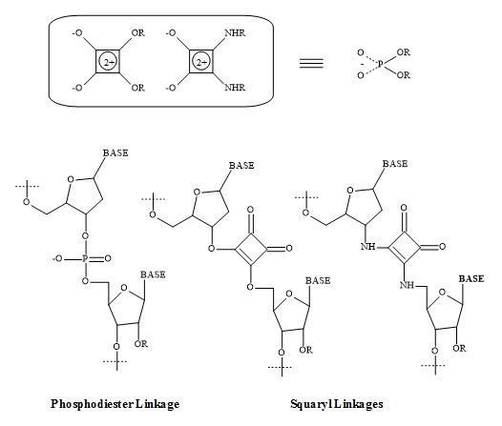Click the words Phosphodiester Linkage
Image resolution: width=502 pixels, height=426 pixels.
[115, 404]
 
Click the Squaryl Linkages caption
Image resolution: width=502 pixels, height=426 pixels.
[337, 404]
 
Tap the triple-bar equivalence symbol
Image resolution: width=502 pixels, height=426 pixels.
[311, 63]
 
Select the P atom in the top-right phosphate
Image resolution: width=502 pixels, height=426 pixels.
[381, 64]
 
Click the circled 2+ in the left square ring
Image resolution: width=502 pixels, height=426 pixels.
[108, 62]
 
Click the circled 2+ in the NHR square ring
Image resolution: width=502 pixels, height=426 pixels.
[201, 62]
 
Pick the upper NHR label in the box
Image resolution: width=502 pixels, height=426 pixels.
[235, 33]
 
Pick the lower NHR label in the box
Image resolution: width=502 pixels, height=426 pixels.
[235, 88]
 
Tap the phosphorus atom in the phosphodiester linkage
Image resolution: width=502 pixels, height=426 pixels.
[85, 258]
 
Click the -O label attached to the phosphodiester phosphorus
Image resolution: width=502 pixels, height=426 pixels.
[57, 258]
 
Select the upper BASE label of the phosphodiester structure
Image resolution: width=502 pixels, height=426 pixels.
[115, 152]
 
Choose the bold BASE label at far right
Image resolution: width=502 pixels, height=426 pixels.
[471, 278]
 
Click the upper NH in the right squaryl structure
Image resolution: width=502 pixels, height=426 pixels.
[367, 247]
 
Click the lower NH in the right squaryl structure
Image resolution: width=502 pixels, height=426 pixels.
[407, 285]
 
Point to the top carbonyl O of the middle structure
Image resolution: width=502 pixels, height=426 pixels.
[251, 210]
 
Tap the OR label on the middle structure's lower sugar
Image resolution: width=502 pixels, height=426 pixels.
[305, 350]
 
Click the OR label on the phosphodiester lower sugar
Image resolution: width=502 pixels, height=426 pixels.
[141, 344]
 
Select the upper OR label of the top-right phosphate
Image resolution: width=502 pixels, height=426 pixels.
[403, 52]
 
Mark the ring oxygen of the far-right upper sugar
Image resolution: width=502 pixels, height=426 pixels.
[350, 191]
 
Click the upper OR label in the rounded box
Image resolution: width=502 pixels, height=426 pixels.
[138, 33]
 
